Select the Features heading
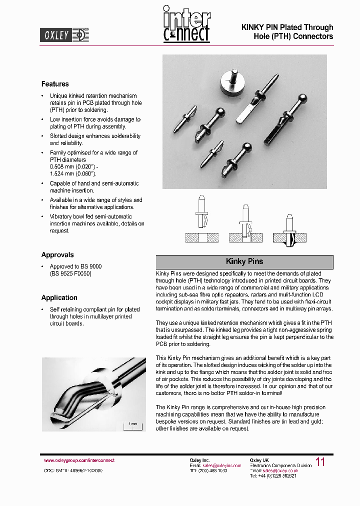(x=55, y=84)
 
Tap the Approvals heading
(x=57, y=254)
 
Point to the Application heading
(x=59, y=297)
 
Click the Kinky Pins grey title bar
(x=244, y=261)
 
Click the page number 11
(x=320, y=462)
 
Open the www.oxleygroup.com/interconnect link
(x=79, y=460)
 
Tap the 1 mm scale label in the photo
(x=133, y=424)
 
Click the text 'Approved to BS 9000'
(x=75, y=266)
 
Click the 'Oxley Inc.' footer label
(x=199, y=460)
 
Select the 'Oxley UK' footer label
(x=259, y=460)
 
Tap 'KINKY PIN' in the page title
(x=259, y=27)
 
